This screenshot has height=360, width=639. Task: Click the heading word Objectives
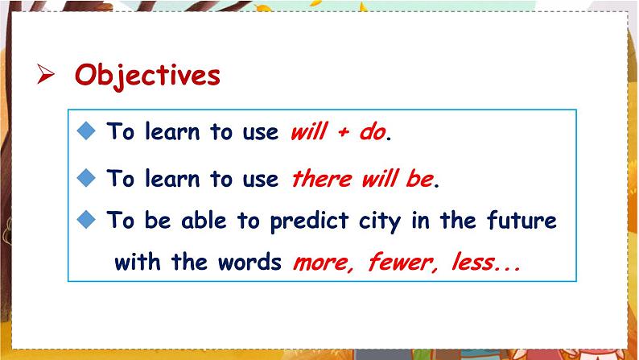pyautogui.click(x=146, y=75)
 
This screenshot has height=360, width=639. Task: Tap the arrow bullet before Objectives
pyautogui.click(x=46, y=75)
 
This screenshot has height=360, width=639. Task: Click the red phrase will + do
pyautogui.click(x=337, y=133)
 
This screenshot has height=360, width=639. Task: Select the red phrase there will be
pyautogui.click(x=361, y=179)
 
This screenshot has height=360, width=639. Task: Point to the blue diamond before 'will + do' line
pyautogui.click(x=89, y=131)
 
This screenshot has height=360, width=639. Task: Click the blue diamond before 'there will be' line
pyautogui.click(x=89, y=177)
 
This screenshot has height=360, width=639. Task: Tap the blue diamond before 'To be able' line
pyautogui.click(x=89, y=219)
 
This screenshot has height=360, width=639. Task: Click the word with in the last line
pyautogui.click(x=138, y=263)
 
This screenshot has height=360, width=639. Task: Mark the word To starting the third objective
pyautogui.click(x=120, y=220)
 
